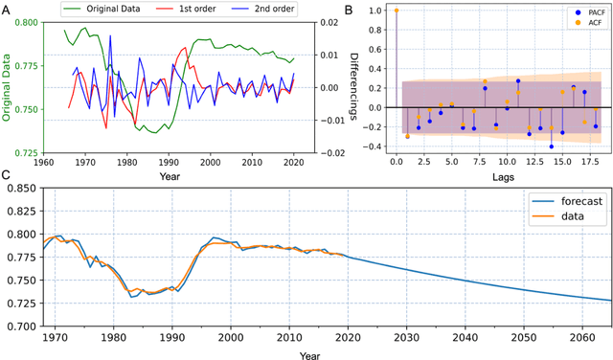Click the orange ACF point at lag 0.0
tap(397, 11)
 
